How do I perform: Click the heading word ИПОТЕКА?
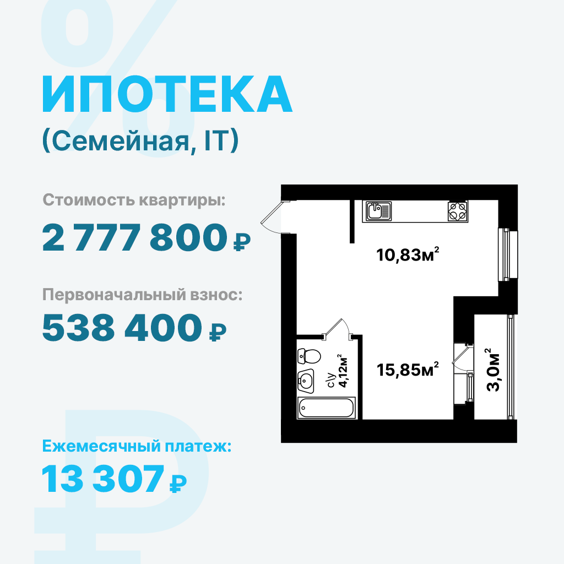[167, 94]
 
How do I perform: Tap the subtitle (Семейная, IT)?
[140, 142]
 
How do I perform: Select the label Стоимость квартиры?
[134, 200]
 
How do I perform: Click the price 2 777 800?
[135, 237]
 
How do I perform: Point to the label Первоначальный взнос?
[143, 295]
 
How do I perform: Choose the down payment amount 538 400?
[122, 327]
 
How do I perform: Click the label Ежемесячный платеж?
[137, 446]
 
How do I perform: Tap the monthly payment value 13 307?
[102, 479]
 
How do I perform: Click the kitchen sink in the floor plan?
[379, 210]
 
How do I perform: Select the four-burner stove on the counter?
[458, 211]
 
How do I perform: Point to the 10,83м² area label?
[408, 254]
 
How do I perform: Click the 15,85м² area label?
[408, 370]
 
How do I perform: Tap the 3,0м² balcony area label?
[493, 370]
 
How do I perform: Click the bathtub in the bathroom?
[326, 408]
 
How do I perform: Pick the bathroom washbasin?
[306, 381]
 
